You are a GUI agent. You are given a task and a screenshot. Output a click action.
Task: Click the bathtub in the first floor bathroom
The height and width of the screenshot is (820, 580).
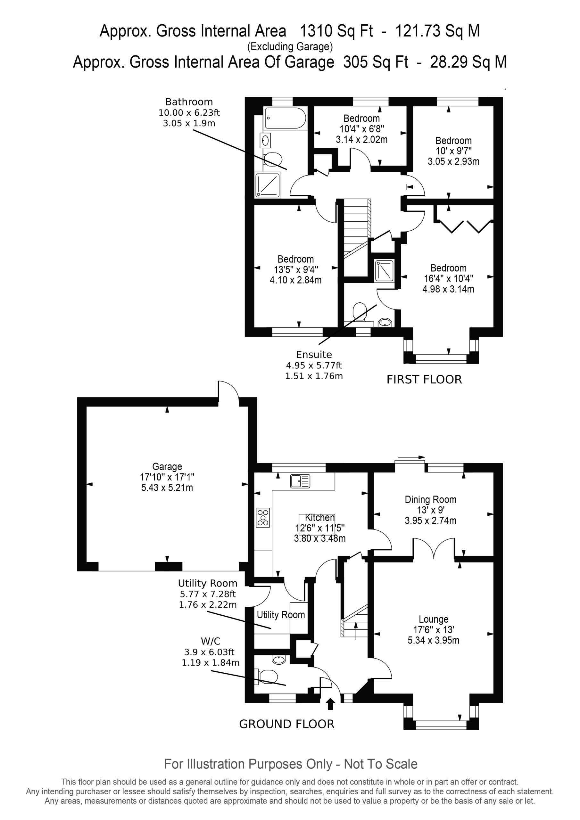285,118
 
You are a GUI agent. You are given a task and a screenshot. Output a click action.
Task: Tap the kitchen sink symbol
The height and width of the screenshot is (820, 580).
301,481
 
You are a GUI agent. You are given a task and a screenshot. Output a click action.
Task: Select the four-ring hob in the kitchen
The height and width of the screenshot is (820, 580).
263,518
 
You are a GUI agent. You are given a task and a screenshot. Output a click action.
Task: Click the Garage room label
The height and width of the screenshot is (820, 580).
167,466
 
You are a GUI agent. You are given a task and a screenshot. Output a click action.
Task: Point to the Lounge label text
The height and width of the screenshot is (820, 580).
434,619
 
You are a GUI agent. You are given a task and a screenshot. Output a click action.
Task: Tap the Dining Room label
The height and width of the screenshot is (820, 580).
431,499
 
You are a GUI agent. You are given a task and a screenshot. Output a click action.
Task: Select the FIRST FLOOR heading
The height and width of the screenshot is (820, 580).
424,379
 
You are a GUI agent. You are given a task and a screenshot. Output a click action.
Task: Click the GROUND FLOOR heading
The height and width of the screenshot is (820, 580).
286,724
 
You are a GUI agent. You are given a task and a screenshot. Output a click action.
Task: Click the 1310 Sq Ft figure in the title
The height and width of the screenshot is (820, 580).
336,31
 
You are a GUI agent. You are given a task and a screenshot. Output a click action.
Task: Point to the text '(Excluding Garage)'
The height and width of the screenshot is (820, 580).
290,47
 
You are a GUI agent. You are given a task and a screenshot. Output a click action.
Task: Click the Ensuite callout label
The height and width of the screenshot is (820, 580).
314,355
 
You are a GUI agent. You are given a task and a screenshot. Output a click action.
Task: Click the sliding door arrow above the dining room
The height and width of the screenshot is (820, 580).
411,457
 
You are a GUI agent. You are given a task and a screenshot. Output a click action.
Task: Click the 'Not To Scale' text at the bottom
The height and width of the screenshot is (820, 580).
381,764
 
